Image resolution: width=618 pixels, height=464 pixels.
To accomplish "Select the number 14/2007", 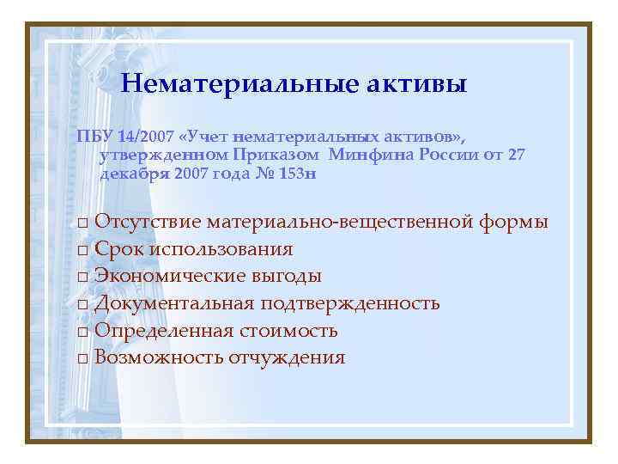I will (148, 137).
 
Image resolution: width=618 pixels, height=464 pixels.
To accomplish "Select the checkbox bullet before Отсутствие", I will (82, 223).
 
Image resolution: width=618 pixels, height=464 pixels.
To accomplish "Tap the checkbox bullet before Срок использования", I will (82, 251).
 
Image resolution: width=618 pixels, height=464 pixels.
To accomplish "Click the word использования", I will (221, 250).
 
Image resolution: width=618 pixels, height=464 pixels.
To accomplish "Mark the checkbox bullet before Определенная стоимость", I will (82, 332).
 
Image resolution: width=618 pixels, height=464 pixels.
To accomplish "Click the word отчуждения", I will (287, 357).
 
